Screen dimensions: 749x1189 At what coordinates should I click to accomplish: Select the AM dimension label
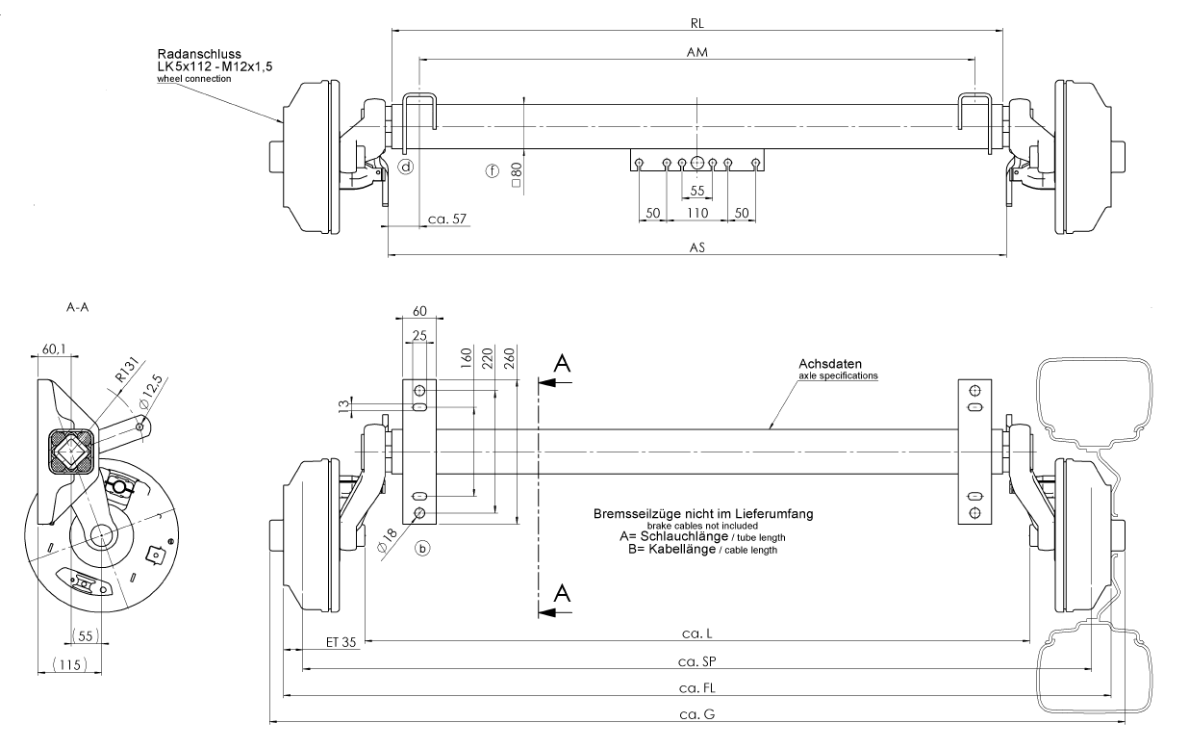pyautogui.click(x=697, y=54)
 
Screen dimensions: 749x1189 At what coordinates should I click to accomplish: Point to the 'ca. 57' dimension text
pyautogui.click(x=445, y=220)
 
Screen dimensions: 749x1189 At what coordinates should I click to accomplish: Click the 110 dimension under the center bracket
pyautogui.click(x=698, y=212)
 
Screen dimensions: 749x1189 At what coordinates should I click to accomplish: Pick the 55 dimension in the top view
pyautogui.click(x=698, y=191)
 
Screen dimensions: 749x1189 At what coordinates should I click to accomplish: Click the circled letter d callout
pyautogui.click(x=407, y=167)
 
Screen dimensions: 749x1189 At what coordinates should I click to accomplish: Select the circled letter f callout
pyautogui.click(x=493, y=171)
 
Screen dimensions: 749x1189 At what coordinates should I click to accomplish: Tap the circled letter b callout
pyautogui.click(x=422, y=548)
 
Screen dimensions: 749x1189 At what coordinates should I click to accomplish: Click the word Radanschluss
pyautogui.click(x=199, y=54)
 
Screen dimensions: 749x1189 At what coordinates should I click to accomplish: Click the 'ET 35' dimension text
pyautogui.click(x=341, y=640)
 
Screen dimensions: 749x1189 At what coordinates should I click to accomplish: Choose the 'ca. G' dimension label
pyautogui.click(x=697, y=715)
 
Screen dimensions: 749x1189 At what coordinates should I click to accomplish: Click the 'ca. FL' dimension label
pyautogui.click(x=699, y=688)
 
